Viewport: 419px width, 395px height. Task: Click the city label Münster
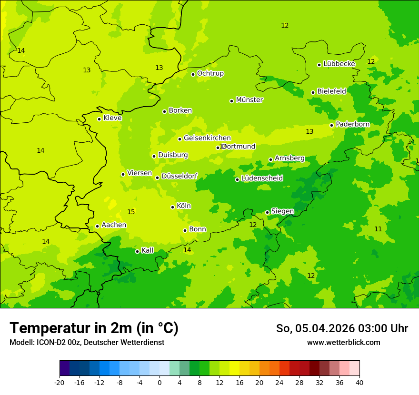pos(249,100)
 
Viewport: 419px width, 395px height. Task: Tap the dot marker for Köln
pos(172,207)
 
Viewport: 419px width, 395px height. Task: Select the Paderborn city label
pos(352,124)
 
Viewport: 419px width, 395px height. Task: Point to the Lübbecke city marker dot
pos(319,65)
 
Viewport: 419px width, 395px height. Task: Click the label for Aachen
pos(114,225)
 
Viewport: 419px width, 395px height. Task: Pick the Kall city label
pos(147,250)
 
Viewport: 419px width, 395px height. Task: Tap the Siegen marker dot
pos(267,212)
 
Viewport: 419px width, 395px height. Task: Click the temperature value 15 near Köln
pos(131,212)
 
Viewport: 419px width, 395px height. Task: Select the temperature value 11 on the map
pos(378,229)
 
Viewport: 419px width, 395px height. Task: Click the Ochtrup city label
pos(210,73)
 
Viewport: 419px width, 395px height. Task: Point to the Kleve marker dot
pos(99,119)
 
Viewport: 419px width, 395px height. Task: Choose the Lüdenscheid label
pos(262,178)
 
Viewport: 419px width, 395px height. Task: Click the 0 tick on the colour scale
pos(160,383)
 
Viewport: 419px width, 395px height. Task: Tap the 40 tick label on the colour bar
pos(359,383)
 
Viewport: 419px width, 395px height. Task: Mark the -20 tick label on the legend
pos(60,383)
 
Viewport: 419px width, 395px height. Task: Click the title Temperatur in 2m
pos(94,328)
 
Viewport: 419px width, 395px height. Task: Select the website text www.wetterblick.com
pos(343,343)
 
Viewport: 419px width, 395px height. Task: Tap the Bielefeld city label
pos(331,91)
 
